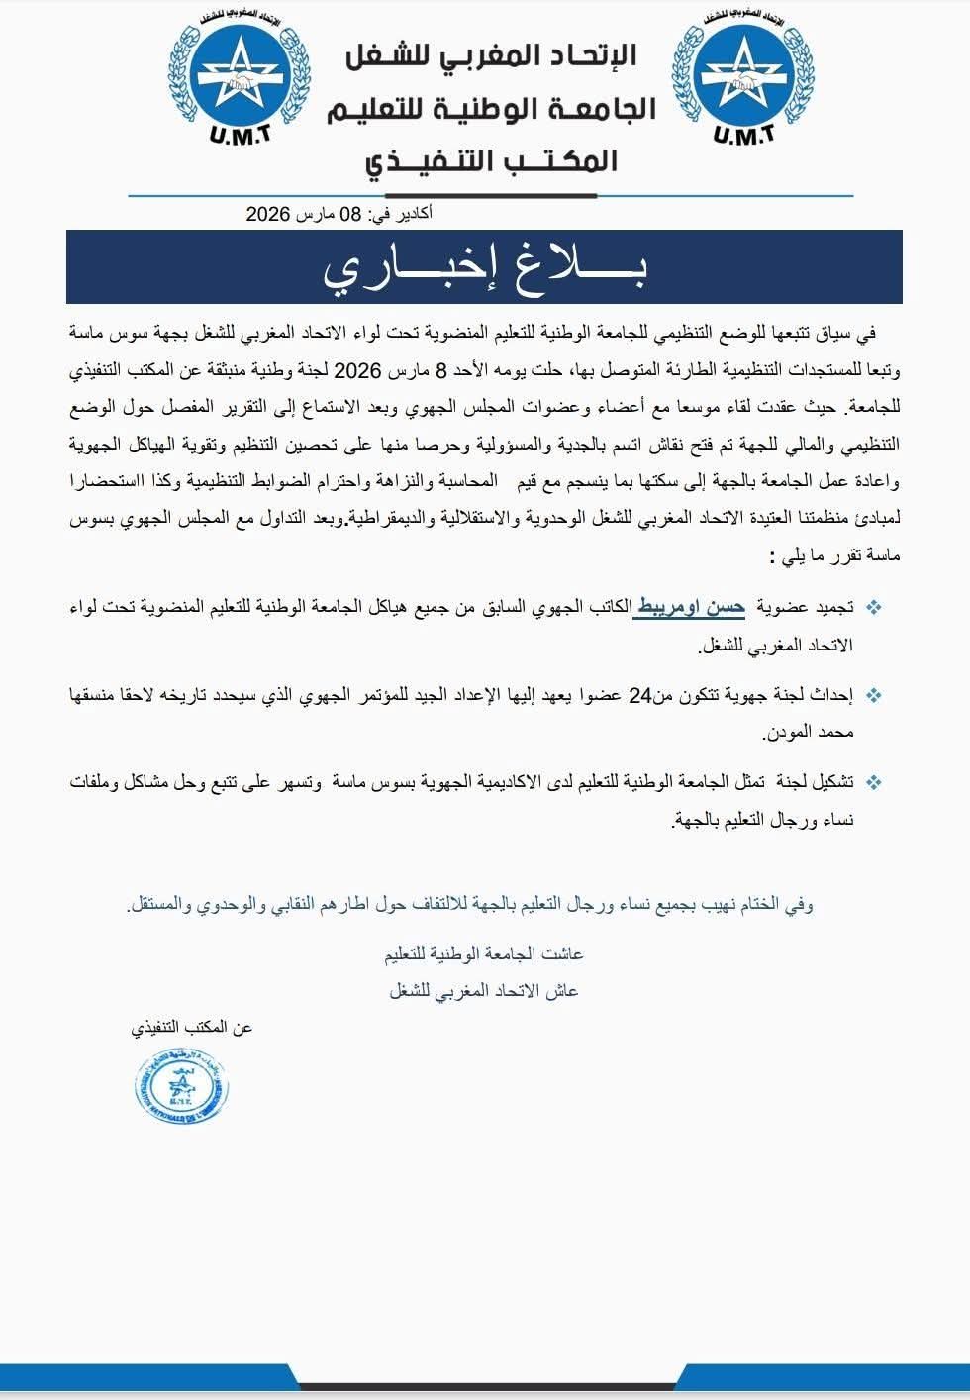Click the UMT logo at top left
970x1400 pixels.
[239, 77]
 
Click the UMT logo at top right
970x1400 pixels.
[742, 77]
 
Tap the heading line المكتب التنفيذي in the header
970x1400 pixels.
[492, 161]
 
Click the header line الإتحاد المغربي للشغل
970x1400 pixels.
[492, 55]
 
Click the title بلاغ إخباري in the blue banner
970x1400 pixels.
[484, 268]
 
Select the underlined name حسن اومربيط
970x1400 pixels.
[690, 607]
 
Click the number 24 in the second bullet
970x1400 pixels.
[640, 695]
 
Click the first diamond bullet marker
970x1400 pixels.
[874, 607]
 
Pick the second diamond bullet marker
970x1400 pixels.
[874, 695]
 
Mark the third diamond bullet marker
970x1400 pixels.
[874, 782]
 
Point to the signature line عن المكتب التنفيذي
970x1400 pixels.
[192, 1028]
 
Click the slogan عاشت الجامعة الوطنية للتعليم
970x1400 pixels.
[484, 953]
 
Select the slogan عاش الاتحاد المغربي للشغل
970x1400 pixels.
[484, 990]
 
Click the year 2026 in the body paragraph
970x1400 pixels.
[357, 370]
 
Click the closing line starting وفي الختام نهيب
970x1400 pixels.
[470, 904]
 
